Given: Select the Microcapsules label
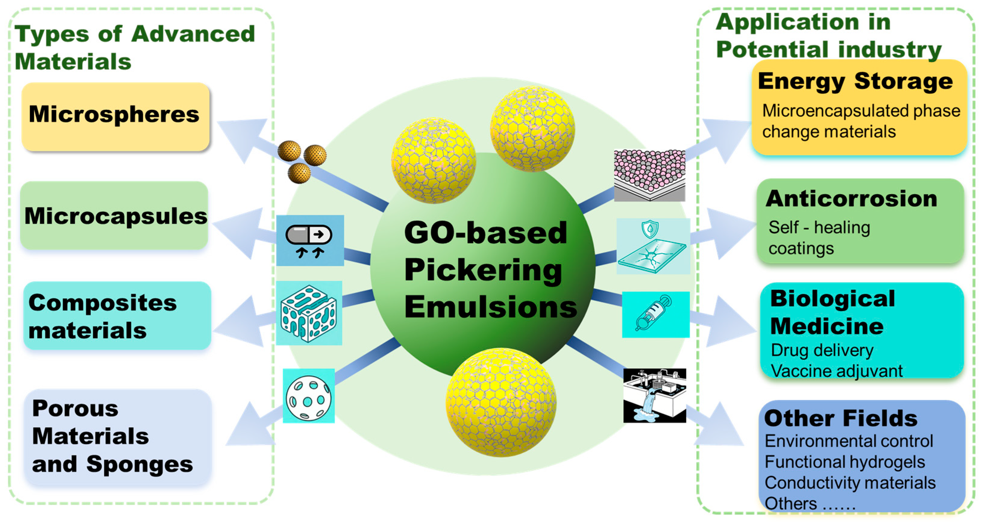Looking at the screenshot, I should pos(115,216).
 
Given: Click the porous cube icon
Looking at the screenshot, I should pos(309,313).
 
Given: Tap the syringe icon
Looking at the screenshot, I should pos(655,314).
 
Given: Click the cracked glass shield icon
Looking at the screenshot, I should pos(653,247).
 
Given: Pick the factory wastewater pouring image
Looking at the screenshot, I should pos(654,396).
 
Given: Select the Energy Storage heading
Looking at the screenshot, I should pos(855,81).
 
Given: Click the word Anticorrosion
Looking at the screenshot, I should pos(851,199).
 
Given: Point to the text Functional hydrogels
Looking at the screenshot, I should pos(844,462).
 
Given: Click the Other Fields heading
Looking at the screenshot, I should pos(841,418).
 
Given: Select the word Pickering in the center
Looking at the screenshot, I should pos(483,269).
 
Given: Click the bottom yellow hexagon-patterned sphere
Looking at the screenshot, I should pos(501,402).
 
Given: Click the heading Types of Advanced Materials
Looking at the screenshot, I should pos(134,47).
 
